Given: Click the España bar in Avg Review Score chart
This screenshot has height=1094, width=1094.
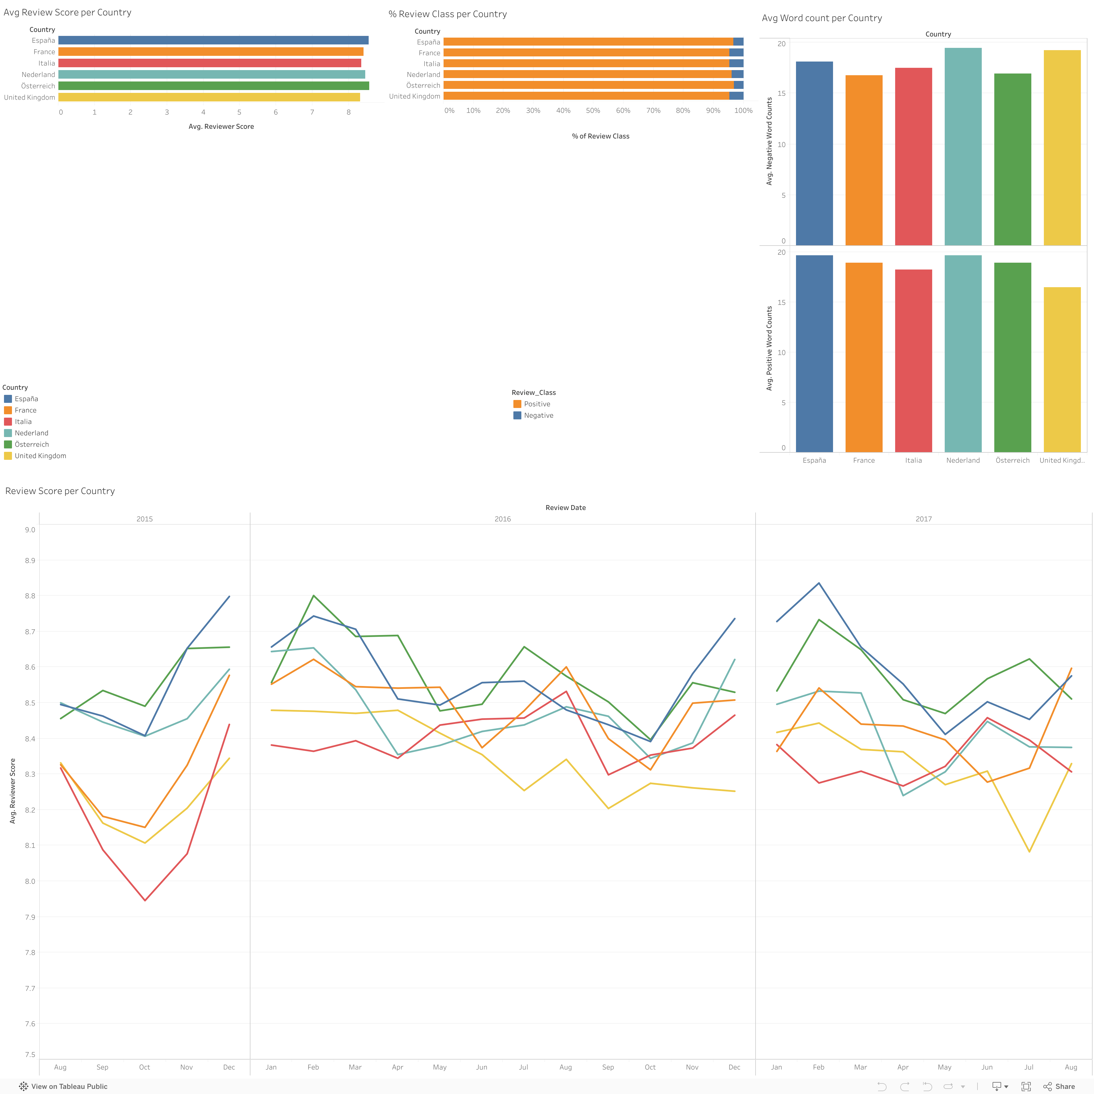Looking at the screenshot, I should tap(213, 40).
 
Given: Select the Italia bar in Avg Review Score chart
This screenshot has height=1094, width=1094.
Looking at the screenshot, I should tap(209, 63).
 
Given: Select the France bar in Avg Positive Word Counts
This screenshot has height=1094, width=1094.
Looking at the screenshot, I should tap(864, 357).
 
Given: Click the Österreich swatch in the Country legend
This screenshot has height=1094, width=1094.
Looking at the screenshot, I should tap(8, 444).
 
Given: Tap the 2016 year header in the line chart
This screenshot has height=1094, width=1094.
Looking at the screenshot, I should tap(502, 519).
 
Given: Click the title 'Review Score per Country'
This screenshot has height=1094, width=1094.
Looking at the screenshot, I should tap(60, 491).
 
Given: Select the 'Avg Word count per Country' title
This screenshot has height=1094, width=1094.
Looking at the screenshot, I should tap(822, 18).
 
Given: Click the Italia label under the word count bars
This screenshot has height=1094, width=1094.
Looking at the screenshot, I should tap(913, 460).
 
